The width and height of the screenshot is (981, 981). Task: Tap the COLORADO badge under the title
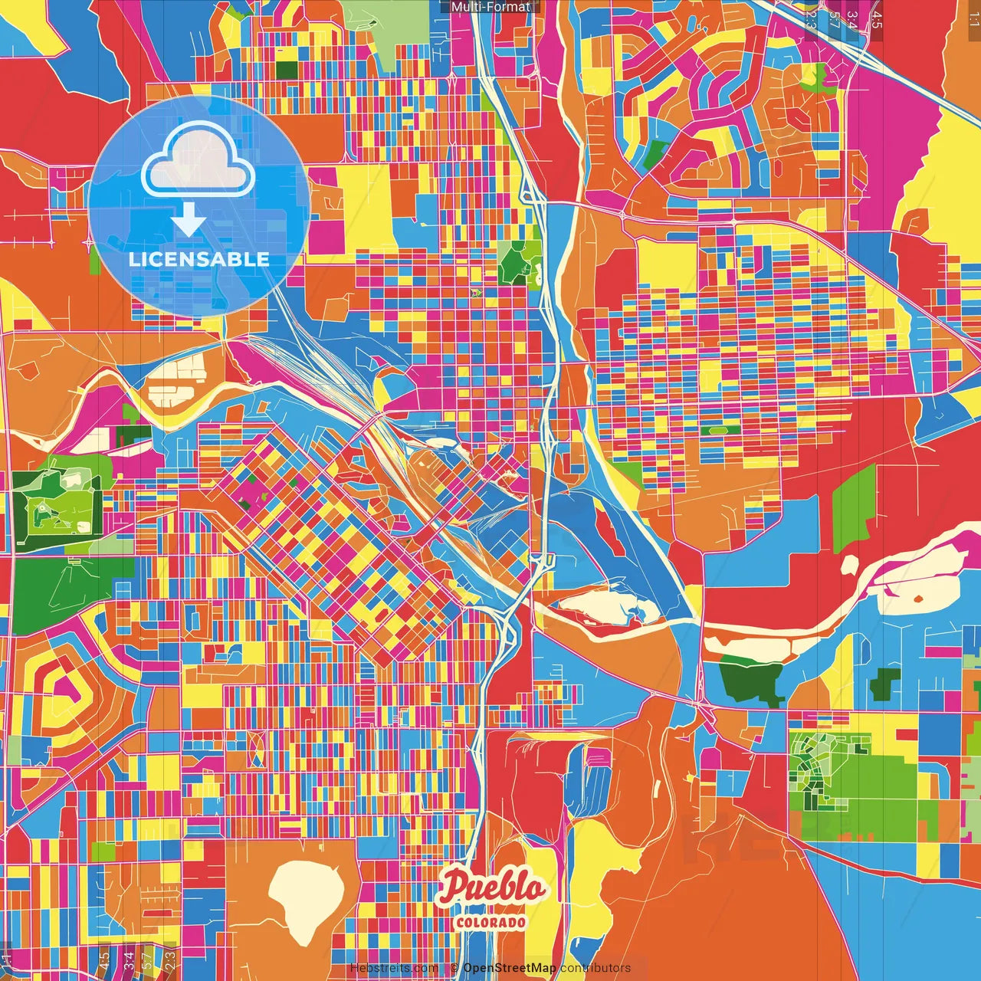[491, 922]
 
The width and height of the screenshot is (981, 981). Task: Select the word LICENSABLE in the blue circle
[198, 259]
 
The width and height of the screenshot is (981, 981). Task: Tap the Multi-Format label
[490, 7]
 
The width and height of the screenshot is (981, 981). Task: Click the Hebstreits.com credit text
[394, 968]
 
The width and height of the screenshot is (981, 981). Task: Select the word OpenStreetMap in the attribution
[510, 968]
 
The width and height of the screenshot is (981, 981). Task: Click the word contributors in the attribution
[595, 968]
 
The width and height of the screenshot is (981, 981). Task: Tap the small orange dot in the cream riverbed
[918, 598]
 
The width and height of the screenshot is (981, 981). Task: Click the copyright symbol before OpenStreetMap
[454, 968]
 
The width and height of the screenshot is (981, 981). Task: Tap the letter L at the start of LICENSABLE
[133, 259]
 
